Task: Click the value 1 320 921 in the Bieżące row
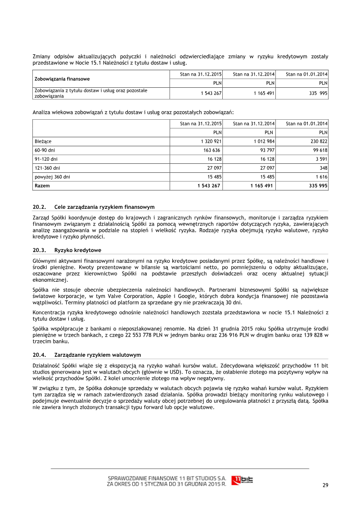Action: (210, 141)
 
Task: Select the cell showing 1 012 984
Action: (263, 141)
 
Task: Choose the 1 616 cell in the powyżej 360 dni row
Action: (321, 177)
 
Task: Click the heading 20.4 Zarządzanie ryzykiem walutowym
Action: (87, 355)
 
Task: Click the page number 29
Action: (325, 485)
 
